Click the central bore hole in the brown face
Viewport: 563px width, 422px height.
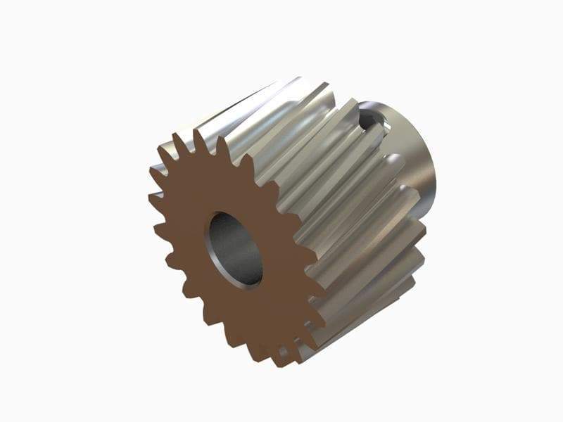[x=234, y=249]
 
